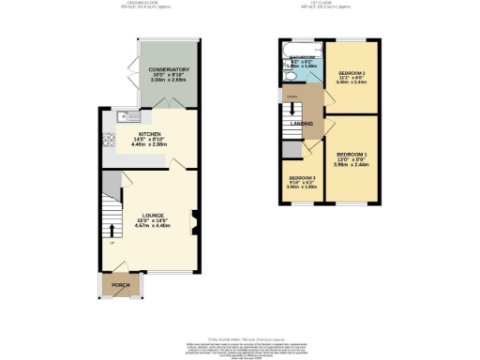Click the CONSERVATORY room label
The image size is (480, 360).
pyautogui.click(x=170, y=69)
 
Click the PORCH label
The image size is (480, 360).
pyautogui.click(x=120, y=285)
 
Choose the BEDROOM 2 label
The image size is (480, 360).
pyautogui.click(x=352, y=72)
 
